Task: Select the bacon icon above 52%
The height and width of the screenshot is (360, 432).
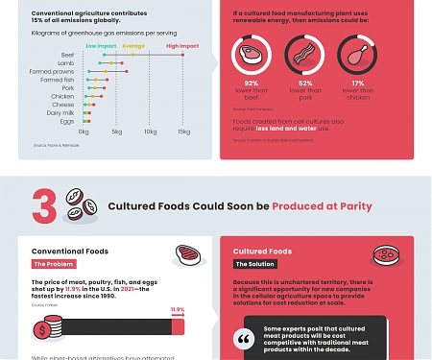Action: pos(303,56)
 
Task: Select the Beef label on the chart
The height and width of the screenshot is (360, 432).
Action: pos(67,56)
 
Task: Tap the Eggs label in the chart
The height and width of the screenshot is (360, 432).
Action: pos(66,120)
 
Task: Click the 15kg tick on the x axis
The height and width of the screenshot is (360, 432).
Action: pos(183,132)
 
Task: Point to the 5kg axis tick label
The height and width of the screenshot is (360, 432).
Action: pos(116,132)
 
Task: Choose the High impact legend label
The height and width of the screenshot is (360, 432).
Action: pos(183,45)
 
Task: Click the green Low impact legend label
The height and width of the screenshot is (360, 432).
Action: pos(101,45)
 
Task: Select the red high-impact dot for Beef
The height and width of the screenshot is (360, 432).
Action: pos(183,56)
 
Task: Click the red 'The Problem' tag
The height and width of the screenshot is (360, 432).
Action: pos(54,264)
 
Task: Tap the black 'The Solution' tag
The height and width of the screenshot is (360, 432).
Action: pos(256,264)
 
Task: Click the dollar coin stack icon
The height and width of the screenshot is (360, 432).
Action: pos(43,328)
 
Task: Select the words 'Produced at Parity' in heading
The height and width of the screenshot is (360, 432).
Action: pos(322,206)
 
